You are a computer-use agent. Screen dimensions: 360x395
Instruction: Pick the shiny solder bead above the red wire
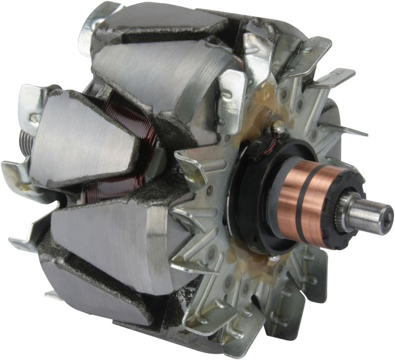[280, 130]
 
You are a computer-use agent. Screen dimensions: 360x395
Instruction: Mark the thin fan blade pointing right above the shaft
[346, 129]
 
